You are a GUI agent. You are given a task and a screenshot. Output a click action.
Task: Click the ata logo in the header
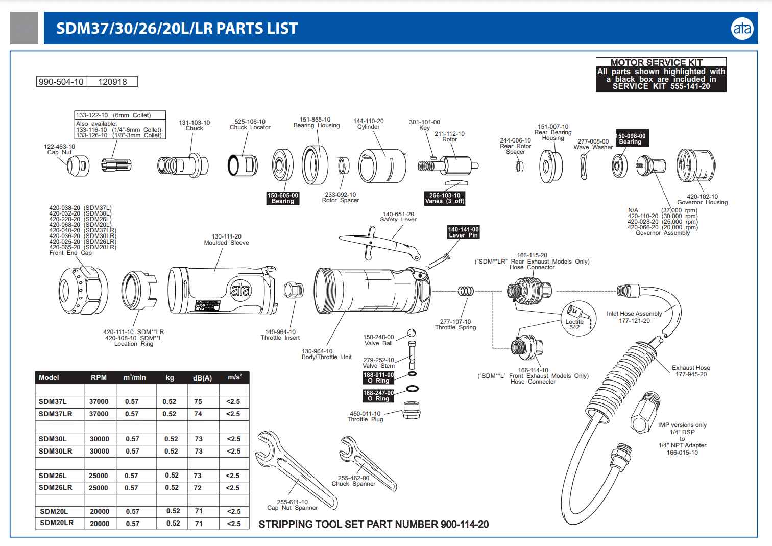point(742,29)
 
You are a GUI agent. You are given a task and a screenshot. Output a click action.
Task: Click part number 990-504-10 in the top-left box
point(61,82)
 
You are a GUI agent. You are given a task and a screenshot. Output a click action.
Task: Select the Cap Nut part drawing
point(78,165)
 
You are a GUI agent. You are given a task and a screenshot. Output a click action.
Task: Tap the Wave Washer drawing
point(584,167)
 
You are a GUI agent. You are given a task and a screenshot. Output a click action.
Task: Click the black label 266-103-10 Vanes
point(445,198)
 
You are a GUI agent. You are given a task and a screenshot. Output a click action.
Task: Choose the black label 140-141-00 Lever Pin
point(463,232)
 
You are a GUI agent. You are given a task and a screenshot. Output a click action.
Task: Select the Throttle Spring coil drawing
point(465,291)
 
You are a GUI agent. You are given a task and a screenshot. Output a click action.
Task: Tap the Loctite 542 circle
point(578,318)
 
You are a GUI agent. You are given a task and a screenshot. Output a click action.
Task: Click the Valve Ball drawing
point(412,333)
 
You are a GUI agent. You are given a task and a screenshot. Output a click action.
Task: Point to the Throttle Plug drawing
point(411,410)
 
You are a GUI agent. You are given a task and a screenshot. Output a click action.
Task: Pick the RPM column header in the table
point(99,378)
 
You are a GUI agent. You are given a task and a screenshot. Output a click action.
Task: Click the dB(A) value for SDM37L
point(198,402)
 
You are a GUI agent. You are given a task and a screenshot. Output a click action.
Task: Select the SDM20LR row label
point(57,523)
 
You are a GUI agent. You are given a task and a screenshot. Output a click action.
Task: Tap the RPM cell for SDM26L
point(99,476)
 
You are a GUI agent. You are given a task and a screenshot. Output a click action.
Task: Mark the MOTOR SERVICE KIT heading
point(656,62)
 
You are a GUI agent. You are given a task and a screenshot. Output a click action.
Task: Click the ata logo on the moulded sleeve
point(241,290)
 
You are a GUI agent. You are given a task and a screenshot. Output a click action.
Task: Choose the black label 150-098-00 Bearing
point(632,139)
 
